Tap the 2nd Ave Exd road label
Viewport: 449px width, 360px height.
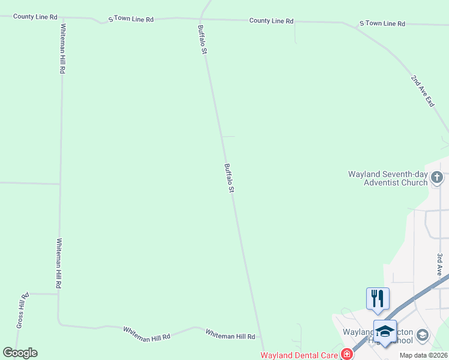(422, 91)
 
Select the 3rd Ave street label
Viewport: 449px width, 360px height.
(440, 265)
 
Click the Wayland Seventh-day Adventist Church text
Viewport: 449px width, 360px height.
(388, 178)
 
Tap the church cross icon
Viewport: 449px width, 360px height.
(437, 177)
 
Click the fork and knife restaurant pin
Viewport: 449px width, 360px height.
(378, 298)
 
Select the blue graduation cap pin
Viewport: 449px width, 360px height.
(385, 331)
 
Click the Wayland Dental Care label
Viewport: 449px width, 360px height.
(297, 355)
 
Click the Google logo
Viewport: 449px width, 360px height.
(20, 353)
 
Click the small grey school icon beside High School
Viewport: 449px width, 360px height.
(423, 335)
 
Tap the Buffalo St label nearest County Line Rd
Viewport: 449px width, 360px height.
(203, 40)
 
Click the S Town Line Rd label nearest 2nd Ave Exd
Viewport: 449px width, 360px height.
(382, 23)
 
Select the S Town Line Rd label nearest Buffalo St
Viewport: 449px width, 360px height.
(131, 19)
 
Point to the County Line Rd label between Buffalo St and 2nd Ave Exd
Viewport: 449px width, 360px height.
(271, 21)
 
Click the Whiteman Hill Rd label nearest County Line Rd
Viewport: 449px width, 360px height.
(62, 48)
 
